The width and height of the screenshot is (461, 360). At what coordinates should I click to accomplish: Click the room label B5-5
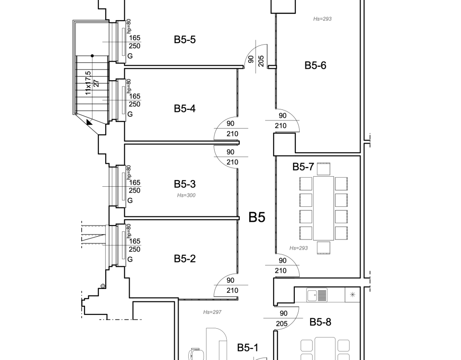pyautogui.click(x=184, y=40)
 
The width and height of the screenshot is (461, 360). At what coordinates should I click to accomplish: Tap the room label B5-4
pyautogui.click(x=184, y=108)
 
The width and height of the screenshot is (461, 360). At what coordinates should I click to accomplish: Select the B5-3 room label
pyautogui.click(x=184, y=184)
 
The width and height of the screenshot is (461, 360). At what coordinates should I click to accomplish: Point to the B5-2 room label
pyautogui.click(x=184, y=259)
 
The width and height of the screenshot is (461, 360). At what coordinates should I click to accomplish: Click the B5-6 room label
pyautogui.click(x=315, y=65)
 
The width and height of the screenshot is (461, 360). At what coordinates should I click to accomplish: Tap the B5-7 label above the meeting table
pyautogui.click(x=303, y=167)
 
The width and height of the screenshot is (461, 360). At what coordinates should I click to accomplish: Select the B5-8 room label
pyautogui.click(x=320, y=322)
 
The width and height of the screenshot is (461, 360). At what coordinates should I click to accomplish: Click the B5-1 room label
pyautogui.click(x=248, y=348)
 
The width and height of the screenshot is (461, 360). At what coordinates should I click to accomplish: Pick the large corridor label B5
pyautogui.click(x=257, y=217)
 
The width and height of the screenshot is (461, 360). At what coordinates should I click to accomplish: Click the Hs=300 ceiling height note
pyautogui.click(x=186, y=195)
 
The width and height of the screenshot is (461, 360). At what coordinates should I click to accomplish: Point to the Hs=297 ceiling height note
pyautogui.click(x=212, y=312)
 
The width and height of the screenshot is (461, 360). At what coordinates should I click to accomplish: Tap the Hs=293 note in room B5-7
pyautogui.click(x=298, y=248)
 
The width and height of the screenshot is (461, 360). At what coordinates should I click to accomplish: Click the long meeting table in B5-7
pyautogui.click(x=323, y=208)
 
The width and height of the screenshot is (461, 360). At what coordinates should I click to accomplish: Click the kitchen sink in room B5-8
pyautogui.click(x=316, y=295)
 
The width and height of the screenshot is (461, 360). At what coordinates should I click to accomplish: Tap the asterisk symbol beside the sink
pyautogui.click(x=352, y=294)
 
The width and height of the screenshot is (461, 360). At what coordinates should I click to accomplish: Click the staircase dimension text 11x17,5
pyautogui.click(x=88, y=83)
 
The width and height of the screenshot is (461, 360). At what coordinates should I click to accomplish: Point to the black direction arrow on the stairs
pyautogui.click(x=89, y=122)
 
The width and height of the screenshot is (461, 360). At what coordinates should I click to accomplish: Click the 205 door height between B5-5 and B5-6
pyautogui.click(x=261, y=61)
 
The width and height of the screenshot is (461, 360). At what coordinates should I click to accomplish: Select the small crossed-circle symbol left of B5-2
pyautogui.click(x=103, y=286)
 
